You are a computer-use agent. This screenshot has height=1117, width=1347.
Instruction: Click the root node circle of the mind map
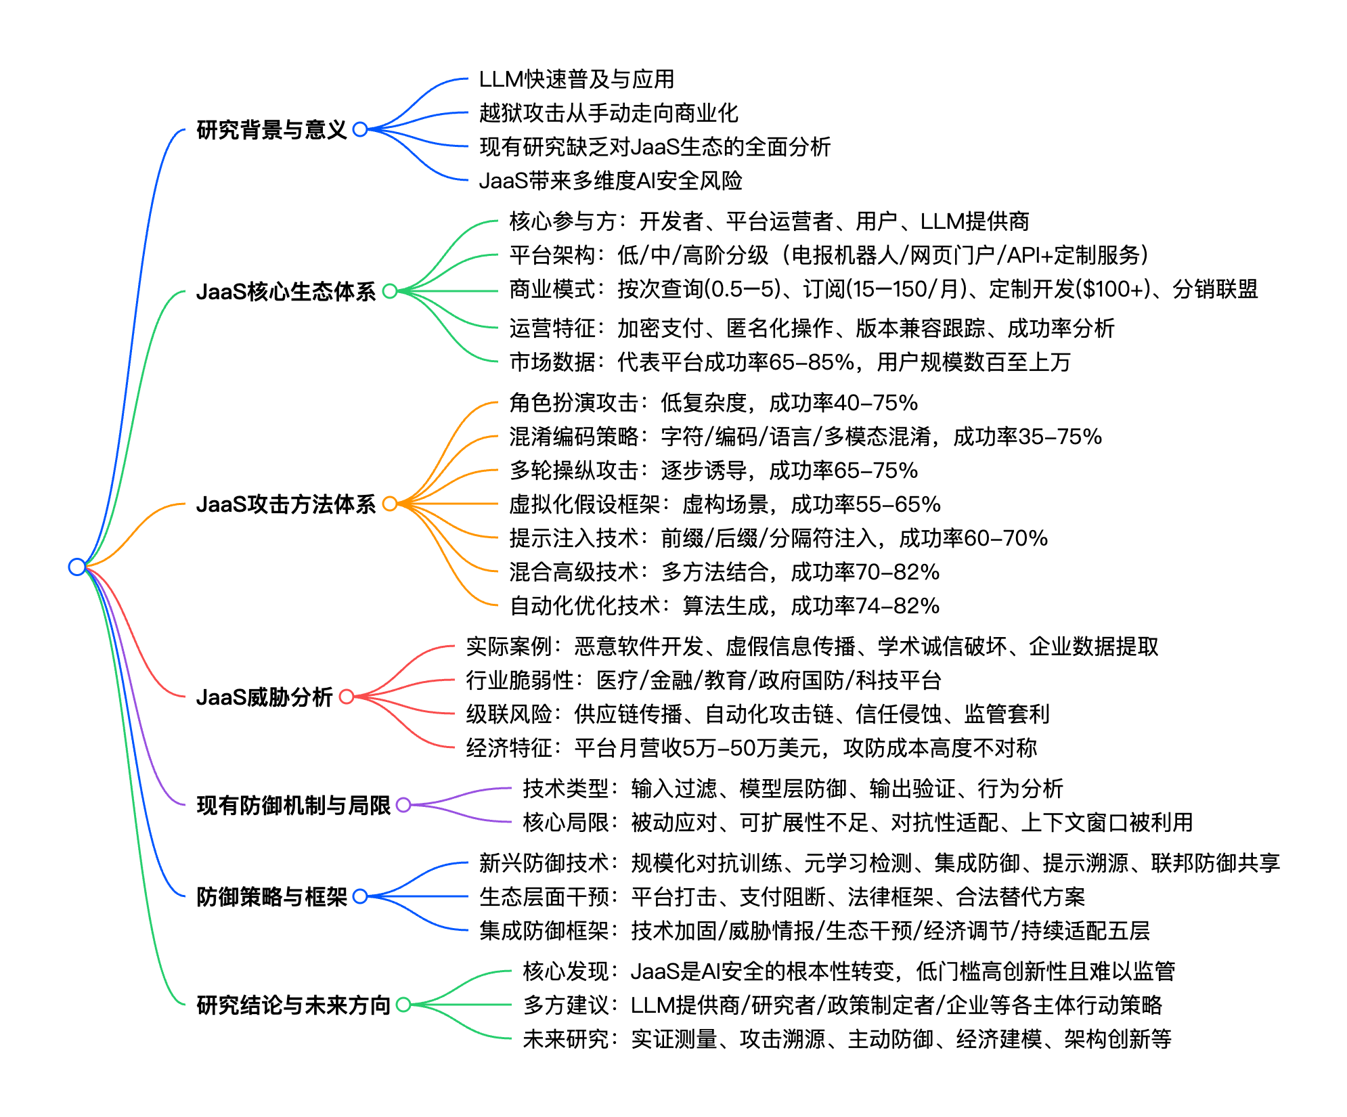[77, 567]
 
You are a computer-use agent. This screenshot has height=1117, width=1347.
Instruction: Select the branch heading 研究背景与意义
[271, 129]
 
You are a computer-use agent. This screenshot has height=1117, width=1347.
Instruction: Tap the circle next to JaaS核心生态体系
[390, 291]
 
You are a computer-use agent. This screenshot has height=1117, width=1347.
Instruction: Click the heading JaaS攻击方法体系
[286, 504]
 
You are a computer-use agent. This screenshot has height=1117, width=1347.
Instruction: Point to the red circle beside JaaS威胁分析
[347, 697]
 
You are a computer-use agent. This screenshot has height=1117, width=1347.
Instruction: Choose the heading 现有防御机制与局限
[294, 805]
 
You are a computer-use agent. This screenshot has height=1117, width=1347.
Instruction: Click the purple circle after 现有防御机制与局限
[403, 805]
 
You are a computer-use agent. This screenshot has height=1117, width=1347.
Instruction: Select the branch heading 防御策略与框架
[271, 896]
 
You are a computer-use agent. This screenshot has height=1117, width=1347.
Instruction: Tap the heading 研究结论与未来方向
[294, 1005]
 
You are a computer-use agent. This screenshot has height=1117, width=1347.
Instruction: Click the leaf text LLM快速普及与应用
[576, 79]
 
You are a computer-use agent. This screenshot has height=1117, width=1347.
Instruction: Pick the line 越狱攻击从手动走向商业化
[609, 113]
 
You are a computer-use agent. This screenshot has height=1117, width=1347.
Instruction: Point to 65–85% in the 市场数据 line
[812, 362]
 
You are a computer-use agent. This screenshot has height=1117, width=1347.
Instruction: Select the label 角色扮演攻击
[573, 403]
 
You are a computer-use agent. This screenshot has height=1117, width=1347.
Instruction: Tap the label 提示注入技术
[573, 538]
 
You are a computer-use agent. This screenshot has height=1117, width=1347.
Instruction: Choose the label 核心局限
[566, 823]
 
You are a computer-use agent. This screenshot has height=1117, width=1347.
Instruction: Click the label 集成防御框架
[544, 931]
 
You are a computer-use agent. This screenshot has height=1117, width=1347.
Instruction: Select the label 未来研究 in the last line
[566, 1039]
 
